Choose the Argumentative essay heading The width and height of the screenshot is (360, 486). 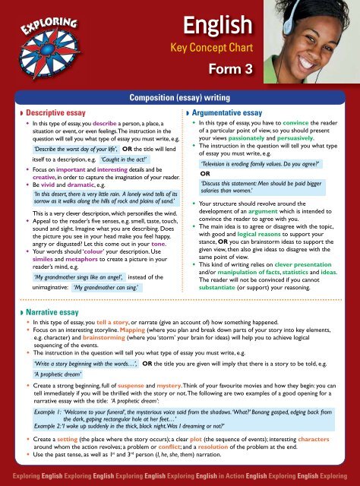click(228, 112)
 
